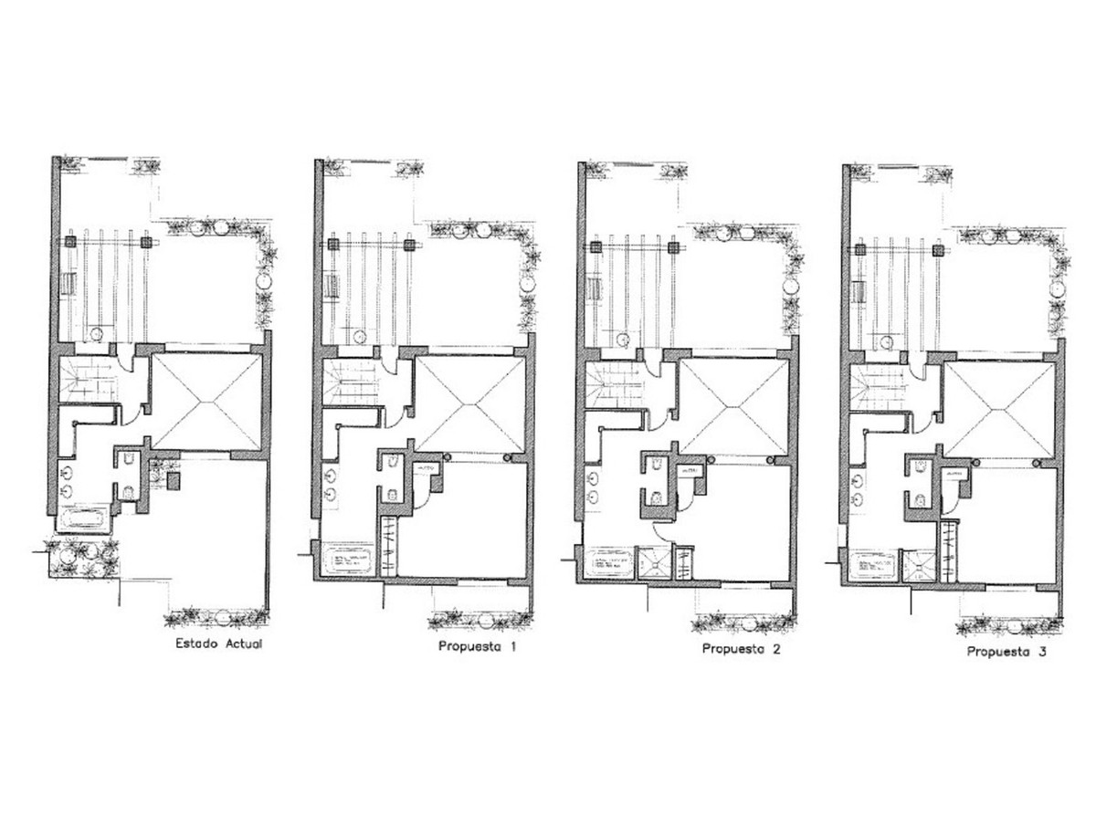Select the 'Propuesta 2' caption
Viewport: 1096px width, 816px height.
741,649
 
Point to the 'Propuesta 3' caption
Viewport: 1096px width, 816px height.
1006,652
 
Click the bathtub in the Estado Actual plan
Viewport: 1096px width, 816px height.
85,521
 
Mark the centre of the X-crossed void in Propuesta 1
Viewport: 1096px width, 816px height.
471,403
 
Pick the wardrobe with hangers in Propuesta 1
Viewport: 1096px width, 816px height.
390,545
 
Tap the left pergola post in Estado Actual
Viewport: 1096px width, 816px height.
69,243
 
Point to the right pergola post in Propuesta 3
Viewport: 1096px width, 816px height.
936,248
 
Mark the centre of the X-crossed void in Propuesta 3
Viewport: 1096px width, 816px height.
998,409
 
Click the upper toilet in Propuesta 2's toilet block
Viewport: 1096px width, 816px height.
656,466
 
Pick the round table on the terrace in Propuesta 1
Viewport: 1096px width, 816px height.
356,338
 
